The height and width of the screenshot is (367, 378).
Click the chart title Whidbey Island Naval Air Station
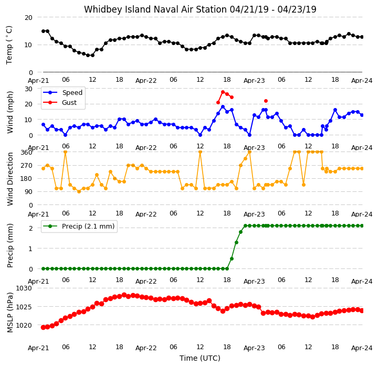pyautogui.click(x=155, y=9)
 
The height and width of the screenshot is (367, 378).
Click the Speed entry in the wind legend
pyautogui.click(x=72, y=93)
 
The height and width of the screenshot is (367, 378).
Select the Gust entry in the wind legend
pyautogui.click(x=69, y=103)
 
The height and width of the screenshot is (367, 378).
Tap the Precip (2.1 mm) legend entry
pyautogui.click(x=88, y=226)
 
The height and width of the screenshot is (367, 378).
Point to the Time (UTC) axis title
pyautogui.click(x=200, y=358)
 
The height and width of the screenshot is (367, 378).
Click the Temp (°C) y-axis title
pyautogui.click(x=9, y=45)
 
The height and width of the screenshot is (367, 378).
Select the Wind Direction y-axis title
pyautogui.click(x=10, y=179)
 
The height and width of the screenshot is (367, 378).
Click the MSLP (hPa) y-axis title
pyautogui.click(x=10, y=312)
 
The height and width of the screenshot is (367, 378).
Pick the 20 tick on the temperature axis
pyautogui.click(x=28, y=18)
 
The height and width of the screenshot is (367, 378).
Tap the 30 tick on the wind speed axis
pyautogui.click(x=28, y=89)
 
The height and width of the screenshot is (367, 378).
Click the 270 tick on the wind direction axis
pyautogui.click(x=27, y=166)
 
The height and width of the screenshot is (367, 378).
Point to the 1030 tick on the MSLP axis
pyautogui.click(x=24, y=288)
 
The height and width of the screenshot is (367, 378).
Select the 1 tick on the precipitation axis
pyautogui.click(x=30, y=249)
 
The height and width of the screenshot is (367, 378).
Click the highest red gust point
pyautogui.click(x=223, y=92)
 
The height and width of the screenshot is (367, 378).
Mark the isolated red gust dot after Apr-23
pyautogui.click(x=266, y=101)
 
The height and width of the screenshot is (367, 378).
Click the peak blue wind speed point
pyautogui.click(x=223, y=106)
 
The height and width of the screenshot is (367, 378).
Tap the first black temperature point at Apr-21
pyautogui.click(x=44, y=31)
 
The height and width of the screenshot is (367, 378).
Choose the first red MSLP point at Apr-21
pyautogui.click(x=44, y=327)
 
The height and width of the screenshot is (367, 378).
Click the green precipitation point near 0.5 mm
pyautogui.click(x=232, y=258)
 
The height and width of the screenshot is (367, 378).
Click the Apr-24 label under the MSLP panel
pyautogui.click(x=362, y=348)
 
